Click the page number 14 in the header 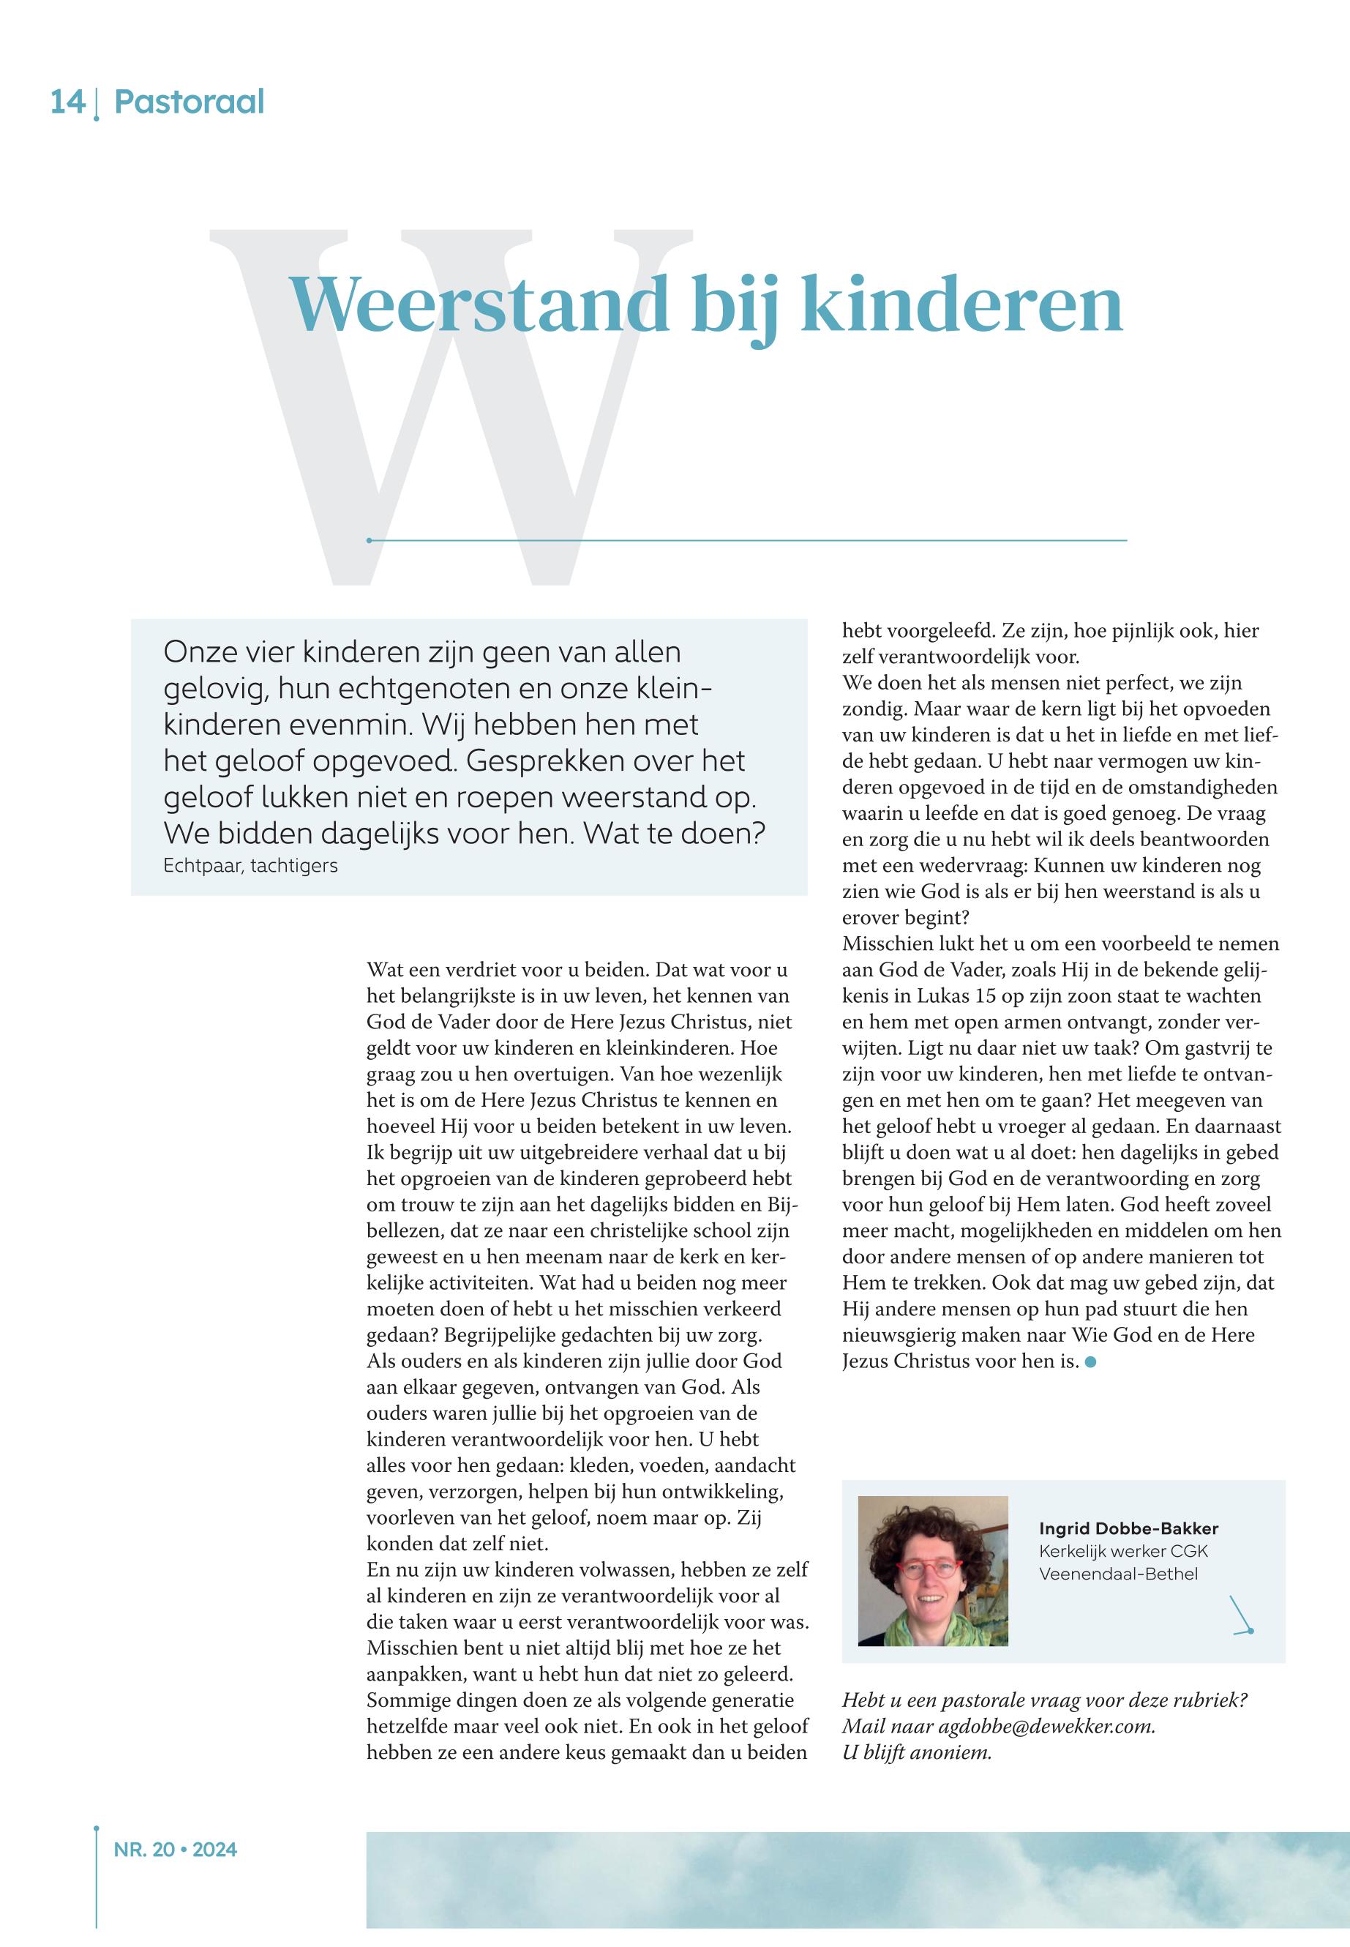(x=67, y=102)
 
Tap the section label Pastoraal (x=189, y=102)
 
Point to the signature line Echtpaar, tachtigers (x=250, y=866)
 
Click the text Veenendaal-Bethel (x=1118, y=1574)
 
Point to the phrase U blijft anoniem (x=916, y=1752)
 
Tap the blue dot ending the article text (x=1090, y=1362)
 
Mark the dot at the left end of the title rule (x=369, y=540)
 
